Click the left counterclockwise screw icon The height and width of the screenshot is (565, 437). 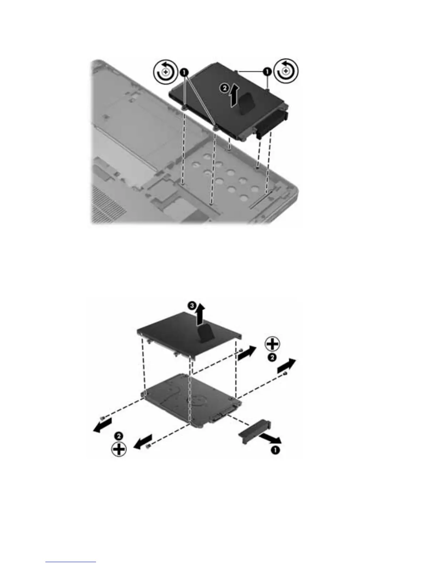coord(165,72)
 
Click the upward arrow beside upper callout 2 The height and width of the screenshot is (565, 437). coord(233,96)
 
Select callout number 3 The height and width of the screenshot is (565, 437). coord(192,306)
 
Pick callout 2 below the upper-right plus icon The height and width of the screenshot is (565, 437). coord(272,358)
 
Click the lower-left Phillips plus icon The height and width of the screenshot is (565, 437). coord(119,449)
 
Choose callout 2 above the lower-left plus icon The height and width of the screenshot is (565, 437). coord(119,436)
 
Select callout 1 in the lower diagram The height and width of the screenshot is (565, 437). coord(276,450)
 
